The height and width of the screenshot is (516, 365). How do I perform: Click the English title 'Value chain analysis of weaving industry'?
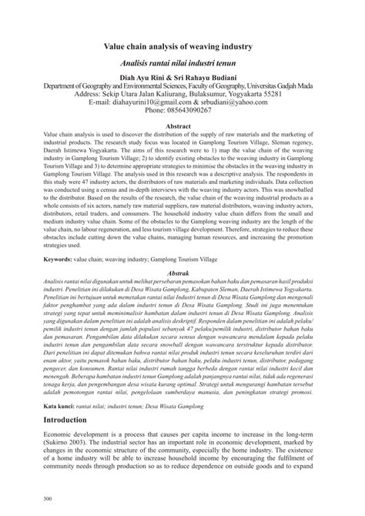(x=182, y=47)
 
